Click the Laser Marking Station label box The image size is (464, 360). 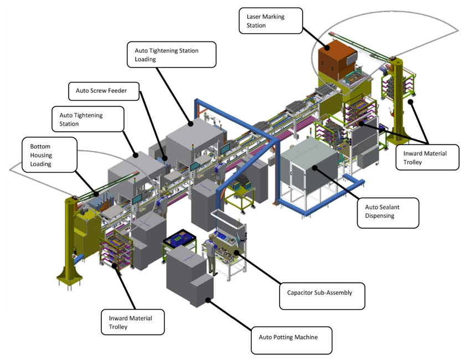click(271, 20)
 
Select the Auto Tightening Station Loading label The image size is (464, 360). click(172, 54)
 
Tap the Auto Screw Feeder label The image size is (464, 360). click(104, 91)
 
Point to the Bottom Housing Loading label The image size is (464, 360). click(50, 155)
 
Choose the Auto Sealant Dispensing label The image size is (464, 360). click(388, 213)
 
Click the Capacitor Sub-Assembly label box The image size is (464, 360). click(322, 296)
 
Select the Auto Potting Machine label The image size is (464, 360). click(291, 340)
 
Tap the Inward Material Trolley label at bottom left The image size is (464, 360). click(132, 322)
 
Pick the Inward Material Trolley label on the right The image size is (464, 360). click(427, 157)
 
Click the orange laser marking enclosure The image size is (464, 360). click(337, 60)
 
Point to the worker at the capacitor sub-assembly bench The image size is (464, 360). click(211, 253)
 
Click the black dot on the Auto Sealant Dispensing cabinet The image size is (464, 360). click(315, 168)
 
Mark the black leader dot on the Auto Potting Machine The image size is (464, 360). click(208, 300)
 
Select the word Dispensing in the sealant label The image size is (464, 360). click(380, 216)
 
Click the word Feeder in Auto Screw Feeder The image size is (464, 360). click(117, 91)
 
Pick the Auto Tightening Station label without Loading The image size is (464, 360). click(88, 119)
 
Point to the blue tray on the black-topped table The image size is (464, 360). click(178, 239)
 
